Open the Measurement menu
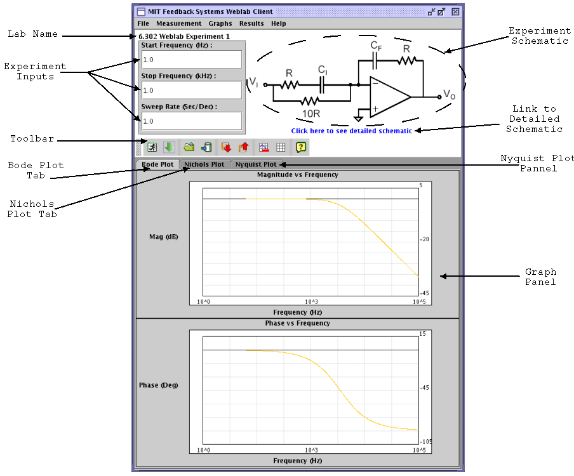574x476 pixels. click(x=178, y=23)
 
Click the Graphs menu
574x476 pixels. click(x=220, y=23)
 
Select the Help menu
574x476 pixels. click(x=278, y=23)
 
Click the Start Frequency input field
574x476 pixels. click(x=191, y=60)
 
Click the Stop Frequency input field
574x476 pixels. click(x=191, y=90)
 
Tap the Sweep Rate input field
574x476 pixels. click(x=191, y=121)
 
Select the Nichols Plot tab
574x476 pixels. click(x=204, y=164)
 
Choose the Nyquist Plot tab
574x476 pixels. click(x=256, y=164)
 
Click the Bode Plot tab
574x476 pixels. click(x=157, y=164)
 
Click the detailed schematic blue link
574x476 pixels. click(x=351, y=131)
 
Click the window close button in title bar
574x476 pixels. click(x=455, y=11)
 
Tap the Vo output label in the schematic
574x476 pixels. click(x=449, y=95)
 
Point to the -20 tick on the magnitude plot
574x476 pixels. click(x=425, y=239)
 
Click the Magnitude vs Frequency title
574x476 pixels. click(x=297, y=175)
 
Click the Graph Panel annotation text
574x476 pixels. click(x=540, y=277)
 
